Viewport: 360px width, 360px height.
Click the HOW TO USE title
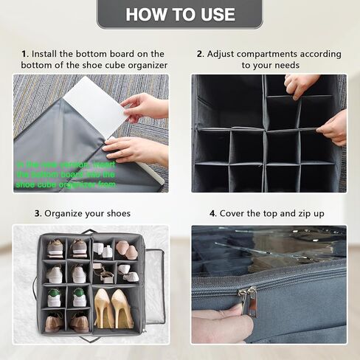pyautogui.click(x=180, y=14)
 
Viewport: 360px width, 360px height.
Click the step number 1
pyautogui.click(x=24, y=54)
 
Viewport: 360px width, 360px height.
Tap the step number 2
pyautogui.click(x=200, y=54)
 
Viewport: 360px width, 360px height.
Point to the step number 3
pyautogui.click(x=37, y=214)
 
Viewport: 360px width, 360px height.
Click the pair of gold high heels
pyautogui.click(x=113, y=308)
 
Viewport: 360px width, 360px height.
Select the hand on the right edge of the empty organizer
pyautogui.click(x=333, y=127)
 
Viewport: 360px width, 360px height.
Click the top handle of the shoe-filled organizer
pyautogui.click(x=90, y=232)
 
